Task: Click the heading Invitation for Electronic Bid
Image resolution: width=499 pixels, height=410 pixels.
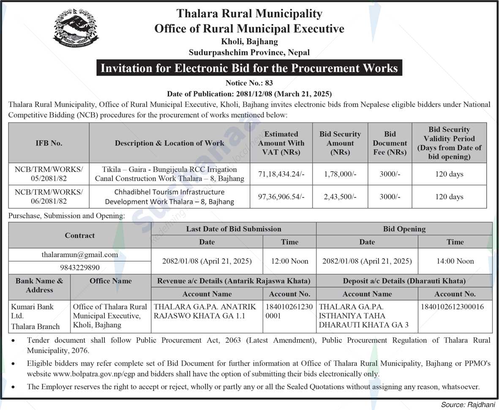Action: (249, 68)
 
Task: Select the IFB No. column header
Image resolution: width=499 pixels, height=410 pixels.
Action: (49, 143)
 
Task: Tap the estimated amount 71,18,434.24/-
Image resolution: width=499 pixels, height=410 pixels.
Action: (281, 174)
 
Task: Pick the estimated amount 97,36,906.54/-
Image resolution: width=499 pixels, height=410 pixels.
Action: (281, 197)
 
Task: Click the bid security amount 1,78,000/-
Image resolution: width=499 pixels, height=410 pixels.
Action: (340, 174)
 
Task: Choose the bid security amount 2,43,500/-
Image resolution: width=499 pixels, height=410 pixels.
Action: (340, 197)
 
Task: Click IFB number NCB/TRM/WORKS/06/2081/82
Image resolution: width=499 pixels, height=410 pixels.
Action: (49, 197)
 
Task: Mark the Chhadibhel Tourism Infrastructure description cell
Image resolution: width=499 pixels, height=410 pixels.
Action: (169, 197)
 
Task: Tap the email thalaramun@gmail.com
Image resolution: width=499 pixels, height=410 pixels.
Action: (80, 255)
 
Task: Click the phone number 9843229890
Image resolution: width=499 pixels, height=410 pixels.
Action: (80, 268)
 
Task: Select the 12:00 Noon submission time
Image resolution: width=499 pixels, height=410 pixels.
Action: (289, 261)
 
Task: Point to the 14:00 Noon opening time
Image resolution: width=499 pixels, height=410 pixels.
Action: (455, 261)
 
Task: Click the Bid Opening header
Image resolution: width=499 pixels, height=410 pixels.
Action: (404, 229)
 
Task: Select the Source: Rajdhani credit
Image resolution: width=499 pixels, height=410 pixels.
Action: (468, 405)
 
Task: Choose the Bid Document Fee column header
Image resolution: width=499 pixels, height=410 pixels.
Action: (390, 143)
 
